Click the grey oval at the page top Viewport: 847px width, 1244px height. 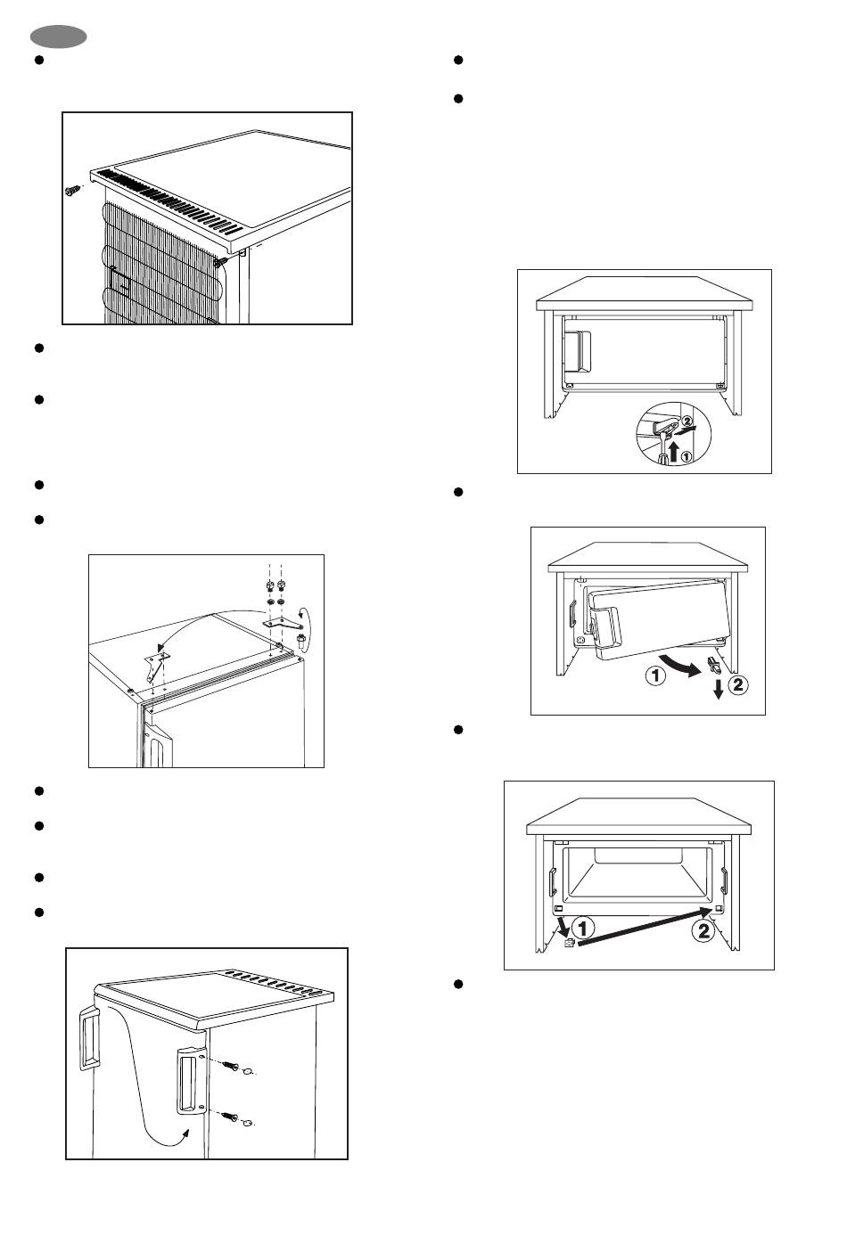coord(58,37)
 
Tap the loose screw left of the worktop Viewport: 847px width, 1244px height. coord(72,191)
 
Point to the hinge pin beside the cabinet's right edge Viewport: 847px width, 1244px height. coord(301,642)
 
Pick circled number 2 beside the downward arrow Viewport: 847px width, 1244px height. coord(737,684)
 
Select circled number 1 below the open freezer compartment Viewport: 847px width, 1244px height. coord(583,928)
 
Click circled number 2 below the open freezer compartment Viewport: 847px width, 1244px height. coord(703,929)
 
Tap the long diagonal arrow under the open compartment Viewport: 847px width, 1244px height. coord(646,925)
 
